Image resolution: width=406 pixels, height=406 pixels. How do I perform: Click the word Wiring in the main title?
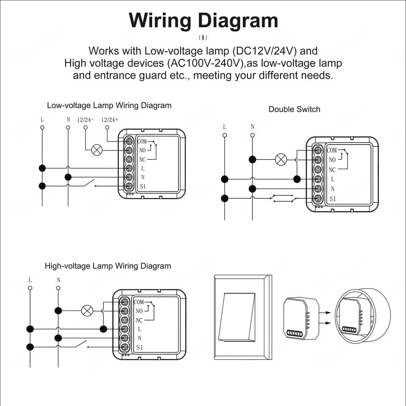coord(161,21)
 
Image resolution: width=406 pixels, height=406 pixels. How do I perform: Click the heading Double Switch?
coord(294,109)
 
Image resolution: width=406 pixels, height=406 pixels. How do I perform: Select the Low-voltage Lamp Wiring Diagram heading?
coord(109,105)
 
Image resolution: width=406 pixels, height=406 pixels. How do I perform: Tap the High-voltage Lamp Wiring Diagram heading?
coord(108,266)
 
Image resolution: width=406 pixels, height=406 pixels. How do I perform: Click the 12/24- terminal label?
coord(85,120)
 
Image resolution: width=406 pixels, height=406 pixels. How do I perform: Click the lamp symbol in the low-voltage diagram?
coord(97,150)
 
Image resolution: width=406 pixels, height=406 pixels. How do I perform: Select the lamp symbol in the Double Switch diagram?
coord(281,159)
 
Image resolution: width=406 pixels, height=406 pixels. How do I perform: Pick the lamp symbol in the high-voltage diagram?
coord(87,311)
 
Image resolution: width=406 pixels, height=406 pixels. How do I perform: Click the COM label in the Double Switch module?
coord(332,150)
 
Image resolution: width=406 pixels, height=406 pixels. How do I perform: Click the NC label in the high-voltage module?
coord(139,320)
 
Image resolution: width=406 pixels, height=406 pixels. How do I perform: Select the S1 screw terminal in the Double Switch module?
coord(318,198)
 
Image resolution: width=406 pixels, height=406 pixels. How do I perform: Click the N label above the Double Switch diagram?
coord(252,127)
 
